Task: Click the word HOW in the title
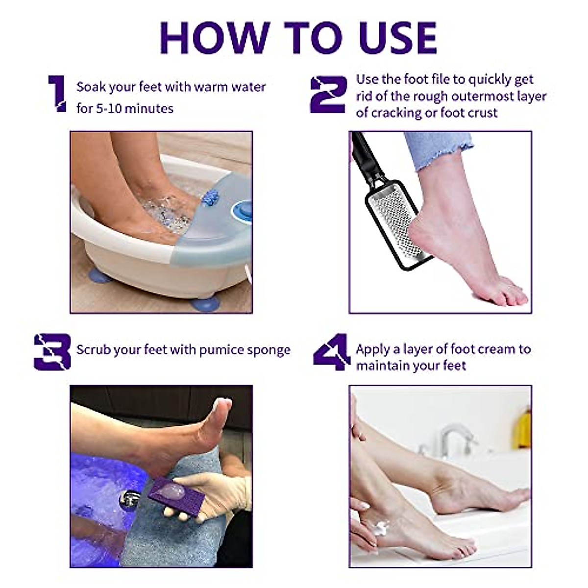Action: point(215,38)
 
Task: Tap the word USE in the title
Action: point(398,38)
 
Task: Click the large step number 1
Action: point(57,94)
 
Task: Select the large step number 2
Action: point(329,94)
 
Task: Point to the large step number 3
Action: point(52,352)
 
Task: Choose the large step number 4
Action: point(332,352)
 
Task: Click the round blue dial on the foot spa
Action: point(242,211)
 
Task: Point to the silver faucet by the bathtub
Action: point(455,440)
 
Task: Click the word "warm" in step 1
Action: point(211,87)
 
